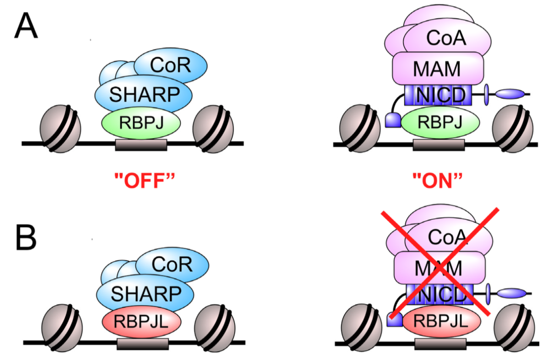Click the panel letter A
(x=26, y=26)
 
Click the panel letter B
(x=26, y=237)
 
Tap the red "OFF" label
(x=144, y=181)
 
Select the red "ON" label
(x=437, y=181)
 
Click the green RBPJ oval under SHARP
(x=141, y=123)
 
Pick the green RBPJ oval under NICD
(x=440, y=122)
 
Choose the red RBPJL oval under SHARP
(x=142, y=321)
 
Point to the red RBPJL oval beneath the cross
(x=442, y=321)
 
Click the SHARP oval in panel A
(x=144, y=94)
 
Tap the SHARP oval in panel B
(x=145, y=293)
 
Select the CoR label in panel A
(x=170, y=65)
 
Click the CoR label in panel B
(x=172, y=264)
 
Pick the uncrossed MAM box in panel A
(x=438, y=68)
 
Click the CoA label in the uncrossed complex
(x=446, y=38)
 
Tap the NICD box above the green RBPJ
(x=438, y=95)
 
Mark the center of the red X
(x=440, y=268)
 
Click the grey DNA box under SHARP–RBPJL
(x=143, y=344)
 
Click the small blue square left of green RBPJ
(x=393, y=120)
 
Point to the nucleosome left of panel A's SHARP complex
(x=60, y=128)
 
